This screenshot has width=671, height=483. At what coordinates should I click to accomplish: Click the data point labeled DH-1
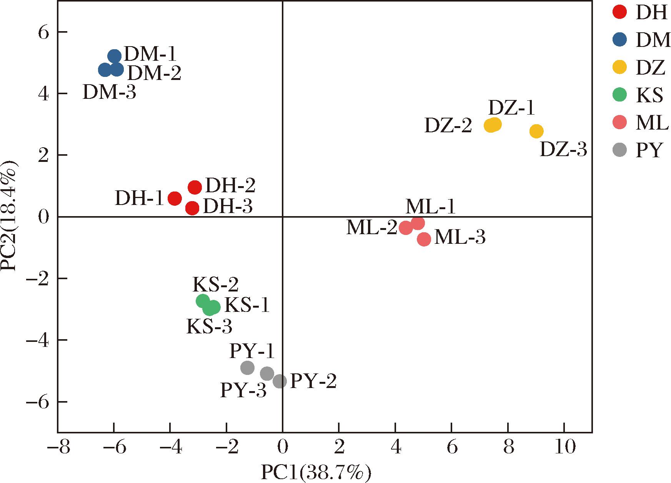175,198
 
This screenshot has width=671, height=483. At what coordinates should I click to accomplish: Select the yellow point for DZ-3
536,132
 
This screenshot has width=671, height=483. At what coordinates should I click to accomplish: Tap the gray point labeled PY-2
280,381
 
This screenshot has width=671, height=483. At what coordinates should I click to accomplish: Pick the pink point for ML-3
424,239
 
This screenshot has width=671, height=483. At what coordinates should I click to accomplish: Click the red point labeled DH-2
195,187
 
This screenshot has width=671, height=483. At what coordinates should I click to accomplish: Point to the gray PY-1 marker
247,368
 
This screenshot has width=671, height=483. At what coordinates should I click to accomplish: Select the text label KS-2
215,285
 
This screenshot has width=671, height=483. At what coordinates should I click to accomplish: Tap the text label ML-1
431,207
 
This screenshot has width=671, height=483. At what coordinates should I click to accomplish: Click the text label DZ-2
448,126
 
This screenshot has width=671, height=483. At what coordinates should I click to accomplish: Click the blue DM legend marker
619,40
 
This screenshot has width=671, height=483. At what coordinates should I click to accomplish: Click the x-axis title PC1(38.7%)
316,473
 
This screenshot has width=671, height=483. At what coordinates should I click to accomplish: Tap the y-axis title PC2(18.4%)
9,217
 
